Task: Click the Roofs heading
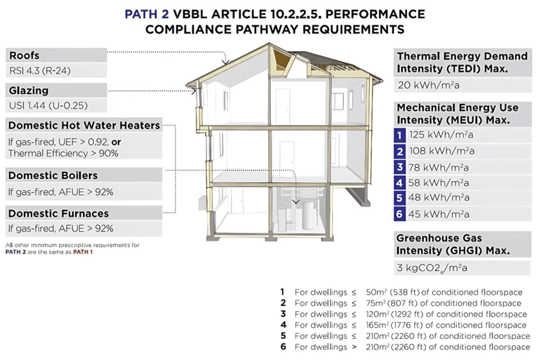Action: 24,55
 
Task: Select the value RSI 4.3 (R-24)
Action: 39,71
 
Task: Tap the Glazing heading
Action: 29,90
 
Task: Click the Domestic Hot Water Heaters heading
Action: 84,125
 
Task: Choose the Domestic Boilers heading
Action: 53,175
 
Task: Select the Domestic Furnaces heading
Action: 58,213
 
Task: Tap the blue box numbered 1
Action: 400,135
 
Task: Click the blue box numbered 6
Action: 400,214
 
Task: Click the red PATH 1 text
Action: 81,251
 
